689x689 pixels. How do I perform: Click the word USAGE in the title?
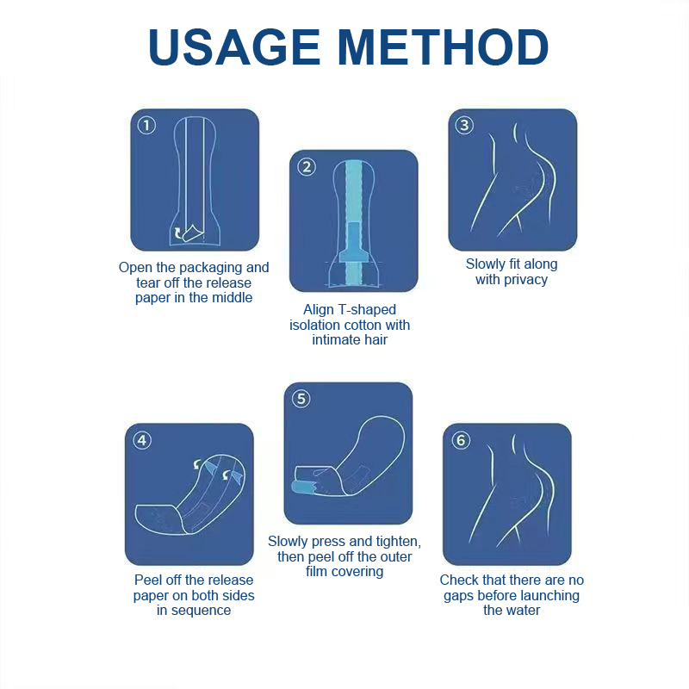tap(234, 47)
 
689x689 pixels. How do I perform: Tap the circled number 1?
tap(146, 126)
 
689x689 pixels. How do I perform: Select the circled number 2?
tap(307, 167)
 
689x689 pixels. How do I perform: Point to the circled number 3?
tap(464, 125)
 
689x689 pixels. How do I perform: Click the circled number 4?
tap(142, 440)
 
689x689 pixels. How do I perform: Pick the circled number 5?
tap(301, 399)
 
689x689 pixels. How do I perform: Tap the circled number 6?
tap(461, 440)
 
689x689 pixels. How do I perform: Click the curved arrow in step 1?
tap(177, 233)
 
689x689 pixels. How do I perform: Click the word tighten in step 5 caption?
tap(396, 542)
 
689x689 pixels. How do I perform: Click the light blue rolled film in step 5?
tap(303, 487)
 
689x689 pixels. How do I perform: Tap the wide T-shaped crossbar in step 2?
tap(354, 256)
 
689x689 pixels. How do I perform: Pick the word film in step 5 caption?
tap(316, 571)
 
